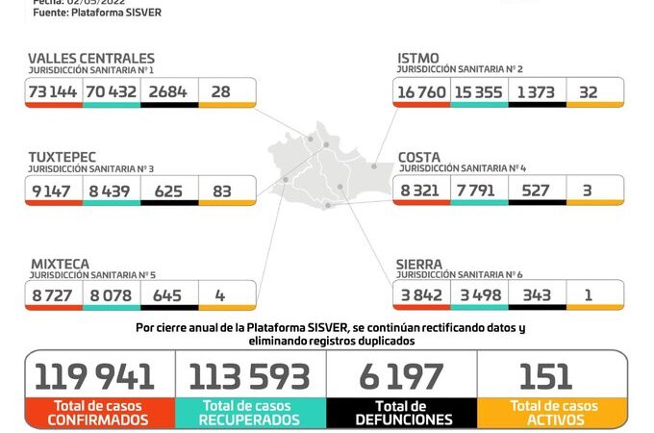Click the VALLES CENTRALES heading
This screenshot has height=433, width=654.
click(90, 59)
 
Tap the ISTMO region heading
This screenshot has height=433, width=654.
click(418, 59)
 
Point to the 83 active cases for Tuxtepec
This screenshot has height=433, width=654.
click(222, 191)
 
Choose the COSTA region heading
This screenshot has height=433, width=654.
click(419, 157)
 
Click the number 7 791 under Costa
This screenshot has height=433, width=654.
click(477, 191)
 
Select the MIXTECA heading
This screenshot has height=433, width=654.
click(60, 263)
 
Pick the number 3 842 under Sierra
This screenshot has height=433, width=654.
click(419, 295)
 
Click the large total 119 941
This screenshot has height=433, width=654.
click(99, 376)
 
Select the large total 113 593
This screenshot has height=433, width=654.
click(250, 376)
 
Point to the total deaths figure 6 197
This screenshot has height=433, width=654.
click(402, 376)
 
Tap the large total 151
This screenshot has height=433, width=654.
click(545, 376)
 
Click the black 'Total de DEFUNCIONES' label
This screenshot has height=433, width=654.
click(402, 413)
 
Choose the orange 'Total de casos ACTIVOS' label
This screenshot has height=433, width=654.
click(552, 413)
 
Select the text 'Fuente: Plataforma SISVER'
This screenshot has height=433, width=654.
click(96, 13)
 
